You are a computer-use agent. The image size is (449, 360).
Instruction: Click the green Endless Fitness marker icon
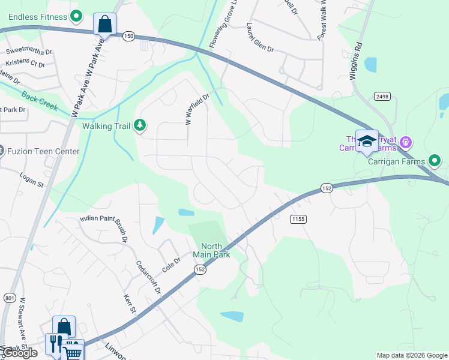[76, 16]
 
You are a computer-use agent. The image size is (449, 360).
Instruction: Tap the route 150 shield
[128, 36]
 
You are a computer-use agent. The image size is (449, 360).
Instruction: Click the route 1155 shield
[298, 219]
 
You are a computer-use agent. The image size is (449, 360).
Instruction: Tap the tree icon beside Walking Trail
[140, 125]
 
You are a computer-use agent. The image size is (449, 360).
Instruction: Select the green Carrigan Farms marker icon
[435, 160]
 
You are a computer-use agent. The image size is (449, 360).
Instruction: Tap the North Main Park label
[211, 250]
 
